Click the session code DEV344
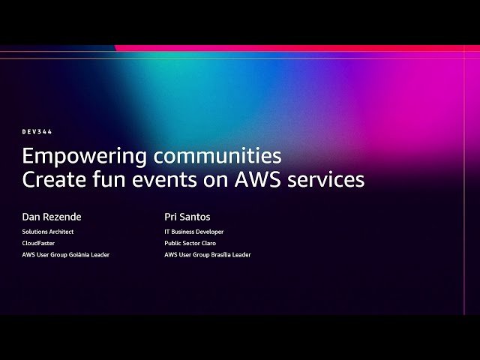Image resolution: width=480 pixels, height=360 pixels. click(37, 132)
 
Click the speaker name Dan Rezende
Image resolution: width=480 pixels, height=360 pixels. click(52, 217)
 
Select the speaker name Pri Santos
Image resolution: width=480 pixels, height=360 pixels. click(188, 217)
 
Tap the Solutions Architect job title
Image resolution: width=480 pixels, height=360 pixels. click(48, 232)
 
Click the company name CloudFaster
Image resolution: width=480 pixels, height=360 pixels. click(38, 243)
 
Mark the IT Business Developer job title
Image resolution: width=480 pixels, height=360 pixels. click(194, 232)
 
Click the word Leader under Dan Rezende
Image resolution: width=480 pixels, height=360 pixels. click(100, 255)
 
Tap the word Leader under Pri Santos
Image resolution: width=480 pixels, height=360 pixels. click(241, 255)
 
